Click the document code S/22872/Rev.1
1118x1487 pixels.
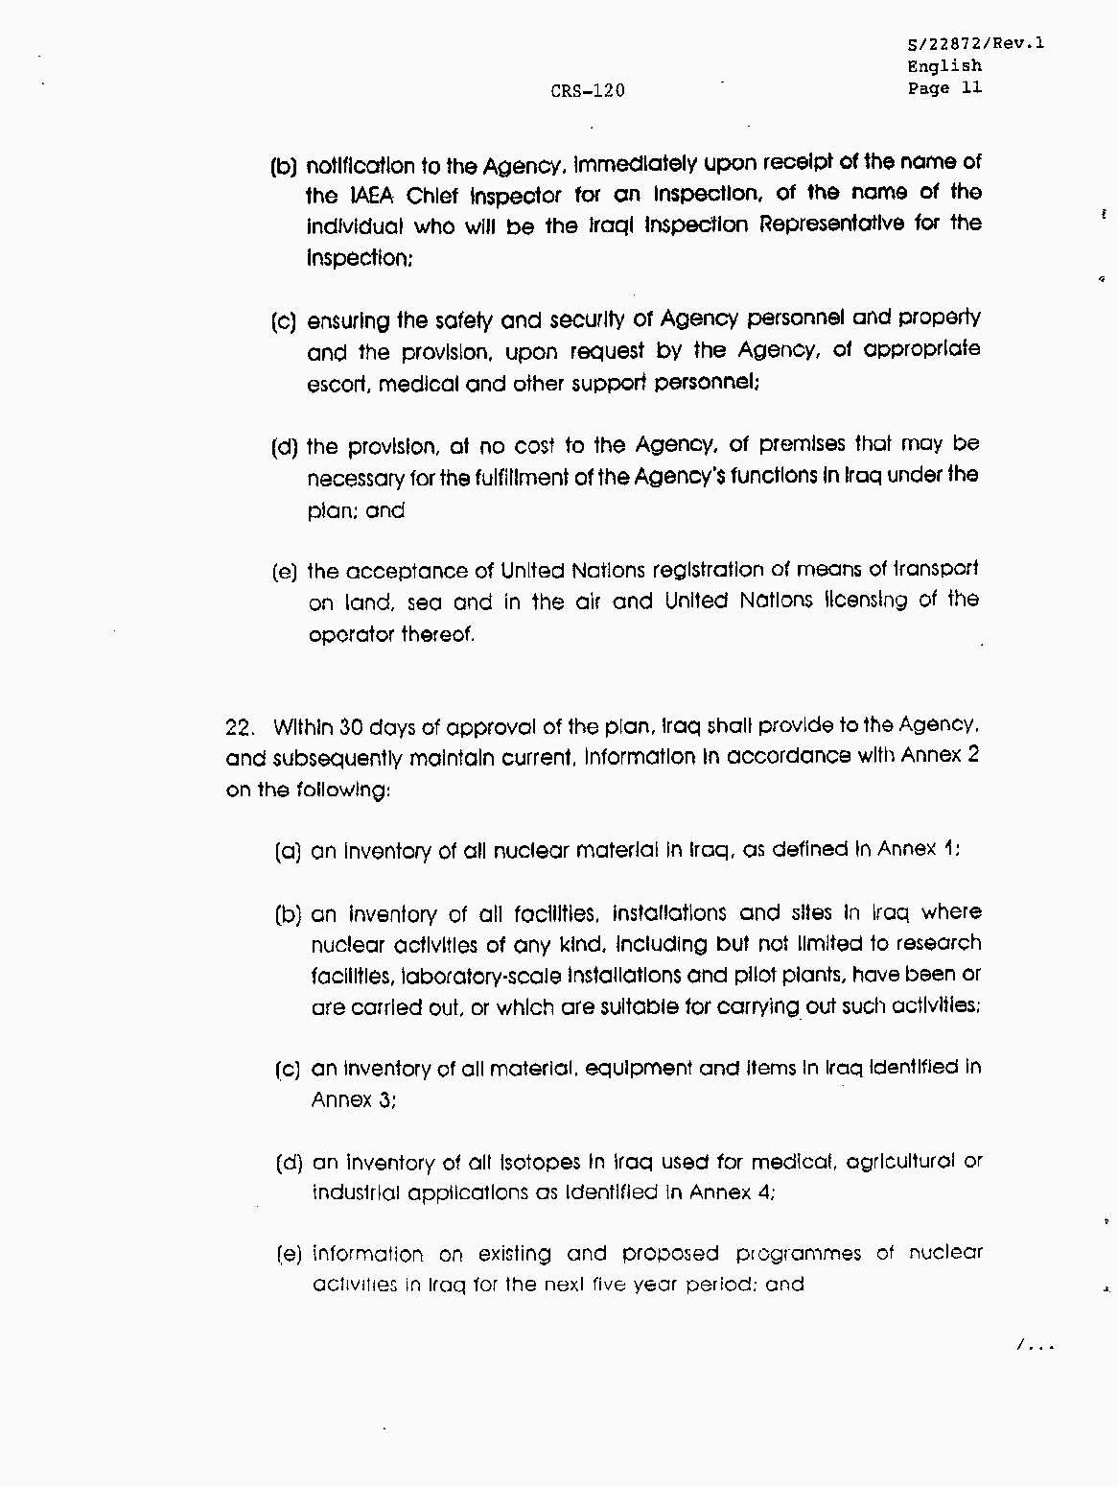coord(975,43)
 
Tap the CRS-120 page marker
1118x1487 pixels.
coord(587,91)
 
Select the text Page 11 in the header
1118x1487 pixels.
coord(944,88)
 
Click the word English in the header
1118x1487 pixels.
coord(944,66)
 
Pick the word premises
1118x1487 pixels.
coord(803,444)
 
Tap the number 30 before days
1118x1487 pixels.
coord(351,727)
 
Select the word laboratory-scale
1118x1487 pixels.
coord(481,977)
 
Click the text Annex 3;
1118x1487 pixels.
coord(354,1099)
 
